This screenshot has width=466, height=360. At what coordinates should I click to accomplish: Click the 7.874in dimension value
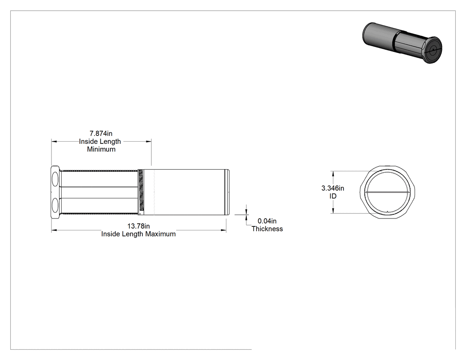pos(101,134)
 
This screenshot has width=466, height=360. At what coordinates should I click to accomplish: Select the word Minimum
pos(101,149)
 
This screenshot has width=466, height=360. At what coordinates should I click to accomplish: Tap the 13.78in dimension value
pos(138,226)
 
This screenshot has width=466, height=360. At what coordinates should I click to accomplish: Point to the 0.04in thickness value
pos(267,221)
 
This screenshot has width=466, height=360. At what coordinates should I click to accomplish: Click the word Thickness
pos(267,229)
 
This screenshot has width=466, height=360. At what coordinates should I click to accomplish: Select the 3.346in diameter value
pos(332,188)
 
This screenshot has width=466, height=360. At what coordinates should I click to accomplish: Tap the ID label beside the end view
pos(333,196)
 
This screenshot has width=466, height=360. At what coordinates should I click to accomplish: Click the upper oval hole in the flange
pos(55,179)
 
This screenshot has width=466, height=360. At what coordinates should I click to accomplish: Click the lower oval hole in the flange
pos(55,205)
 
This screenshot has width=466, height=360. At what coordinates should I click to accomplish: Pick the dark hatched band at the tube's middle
pos(141,192)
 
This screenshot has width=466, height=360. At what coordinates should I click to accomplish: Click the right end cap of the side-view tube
pos(227,192)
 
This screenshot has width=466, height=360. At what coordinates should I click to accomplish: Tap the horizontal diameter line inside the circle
pos(387,192)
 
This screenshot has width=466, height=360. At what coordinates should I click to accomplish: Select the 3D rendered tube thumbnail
pos(402,43)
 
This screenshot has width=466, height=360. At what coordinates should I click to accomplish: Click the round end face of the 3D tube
pos(433,50)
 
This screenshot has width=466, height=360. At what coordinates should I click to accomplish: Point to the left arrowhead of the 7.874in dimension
pos(54,142)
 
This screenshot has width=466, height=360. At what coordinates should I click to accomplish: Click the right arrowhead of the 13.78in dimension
pos(223,230)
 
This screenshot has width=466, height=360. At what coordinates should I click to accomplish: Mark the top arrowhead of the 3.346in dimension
pos(333,174)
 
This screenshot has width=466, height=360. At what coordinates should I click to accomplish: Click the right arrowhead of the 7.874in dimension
pos(149,142)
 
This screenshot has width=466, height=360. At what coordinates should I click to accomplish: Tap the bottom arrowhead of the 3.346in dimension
pos(333,210)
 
